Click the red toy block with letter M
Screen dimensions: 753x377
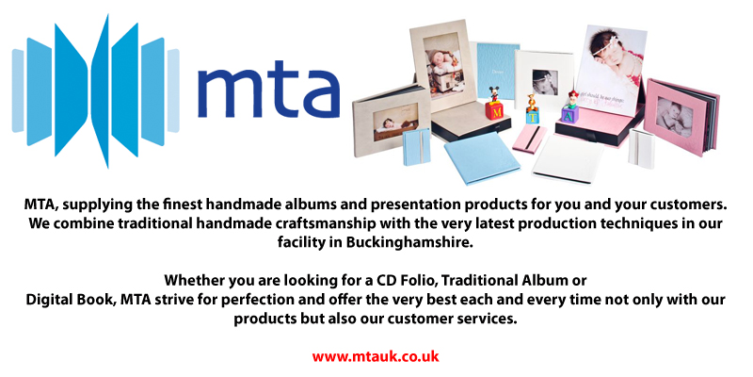point(494,111)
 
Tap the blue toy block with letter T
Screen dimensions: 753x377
point(533,115)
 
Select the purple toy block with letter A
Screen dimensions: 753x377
point(570,114)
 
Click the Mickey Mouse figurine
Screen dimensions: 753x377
point(494,94)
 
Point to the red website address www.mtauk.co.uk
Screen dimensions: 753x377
point(376,356)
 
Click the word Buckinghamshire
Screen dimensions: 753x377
point(409,242)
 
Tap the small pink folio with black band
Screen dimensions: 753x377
point(530,138)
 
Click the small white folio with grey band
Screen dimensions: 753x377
point(642,148)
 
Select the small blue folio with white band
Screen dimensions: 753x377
point(416,147)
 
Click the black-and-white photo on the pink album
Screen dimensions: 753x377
point(675,116)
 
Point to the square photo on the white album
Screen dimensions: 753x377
point(545,82)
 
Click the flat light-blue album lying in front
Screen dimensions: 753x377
point(482,157)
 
